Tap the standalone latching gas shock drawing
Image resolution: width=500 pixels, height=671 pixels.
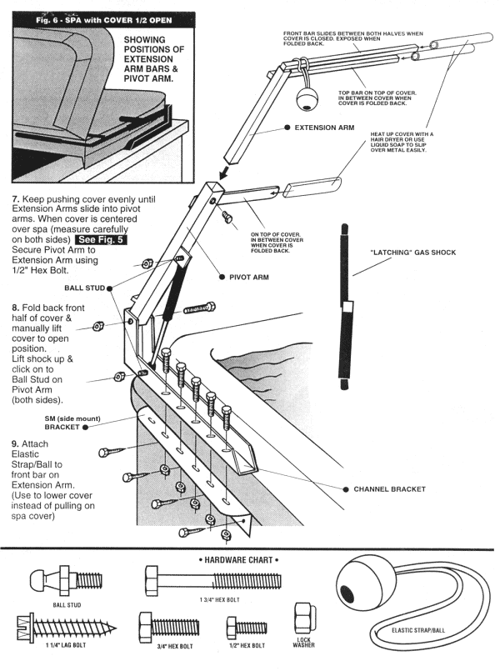click(x=342, y=303)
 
